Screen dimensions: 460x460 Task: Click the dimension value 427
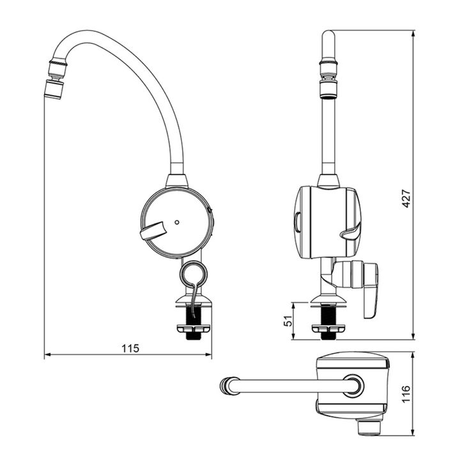point(406,199)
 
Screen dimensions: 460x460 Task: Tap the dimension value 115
point(130,348)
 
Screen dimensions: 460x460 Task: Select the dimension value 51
point(288,321)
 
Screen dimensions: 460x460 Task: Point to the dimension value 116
point(406,394)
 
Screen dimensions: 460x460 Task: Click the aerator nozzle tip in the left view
point(54,89)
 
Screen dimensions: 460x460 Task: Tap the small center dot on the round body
point(177,222)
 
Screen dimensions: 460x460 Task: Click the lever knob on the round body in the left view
point(153,231)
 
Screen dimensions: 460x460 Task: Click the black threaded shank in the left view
point(194,322)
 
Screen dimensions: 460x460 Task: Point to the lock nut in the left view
point(194,329)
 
